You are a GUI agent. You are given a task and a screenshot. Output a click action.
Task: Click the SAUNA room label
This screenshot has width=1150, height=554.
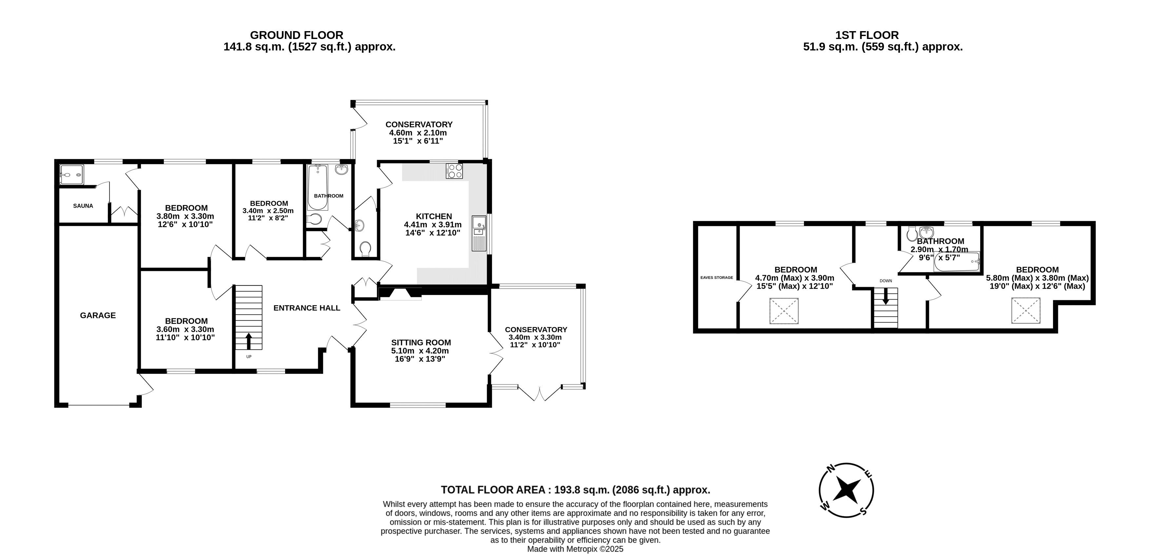click(83, 206)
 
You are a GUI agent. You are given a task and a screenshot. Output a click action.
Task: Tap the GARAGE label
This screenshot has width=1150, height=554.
click(98, 315)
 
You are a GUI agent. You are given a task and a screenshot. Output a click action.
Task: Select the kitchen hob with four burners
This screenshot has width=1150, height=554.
click(454, 171)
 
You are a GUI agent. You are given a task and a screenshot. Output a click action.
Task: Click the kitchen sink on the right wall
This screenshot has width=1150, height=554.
click(478, 233)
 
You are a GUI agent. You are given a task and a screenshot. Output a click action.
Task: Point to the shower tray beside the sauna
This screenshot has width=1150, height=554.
click(71, 175)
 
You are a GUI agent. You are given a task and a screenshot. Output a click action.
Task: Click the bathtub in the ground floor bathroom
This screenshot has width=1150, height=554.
click(318, 187)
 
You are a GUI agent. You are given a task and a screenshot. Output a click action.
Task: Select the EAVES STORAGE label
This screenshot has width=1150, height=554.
click(716, 277)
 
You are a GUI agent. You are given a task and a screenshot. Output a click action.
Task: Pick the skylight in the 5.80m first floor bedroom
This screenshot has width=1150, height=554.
click(1025, 310)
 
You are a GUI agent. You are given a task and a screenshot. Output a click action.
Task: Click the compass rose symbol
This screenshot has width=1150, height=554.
click(846, 490)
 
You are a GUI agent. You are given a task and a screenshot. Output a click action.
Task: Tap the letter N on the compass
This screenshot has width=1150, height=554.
click(831, 468)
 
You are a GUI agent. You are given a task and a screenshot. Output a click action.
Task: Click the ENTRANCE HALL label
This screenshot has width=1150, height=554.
click(307, 308)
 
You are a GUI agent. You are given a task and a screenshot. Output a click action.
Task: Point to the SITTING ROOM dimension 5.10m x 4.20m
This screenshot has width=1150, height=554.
click(420, 351)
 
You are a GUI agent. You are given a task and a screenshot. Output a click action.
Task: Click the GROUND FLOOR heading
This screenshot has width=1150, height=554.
click(296, 35)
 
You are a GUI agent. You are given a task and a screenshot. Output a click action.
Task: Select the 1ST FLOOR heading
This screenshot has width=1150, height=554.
click(867, 35)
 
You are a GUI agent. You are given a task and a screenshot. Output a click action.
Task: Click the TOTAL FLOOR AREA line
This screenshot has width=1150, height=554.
click(575, 490)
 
